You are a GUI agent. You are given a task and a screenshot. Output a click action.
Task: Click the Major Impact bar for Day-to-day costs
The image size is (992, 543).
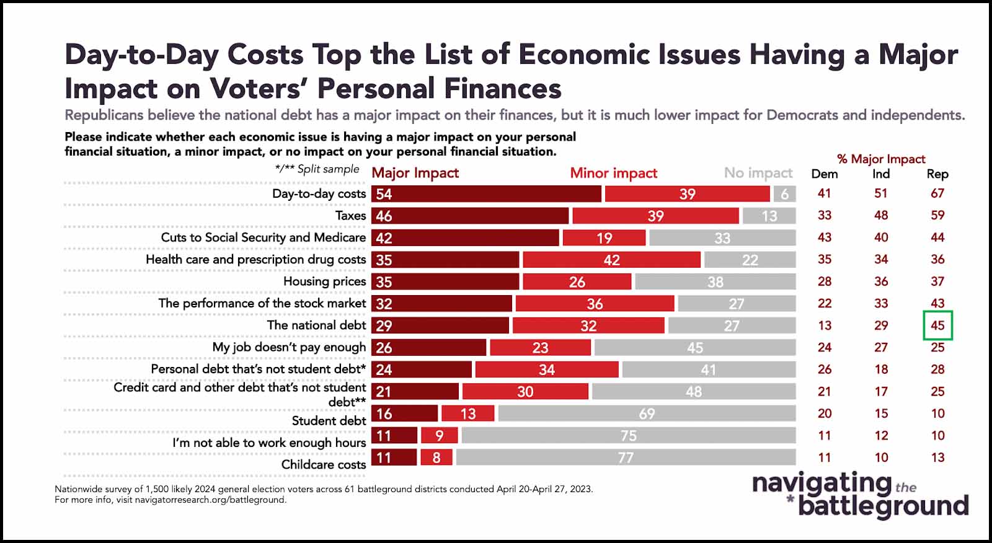coord(486,194)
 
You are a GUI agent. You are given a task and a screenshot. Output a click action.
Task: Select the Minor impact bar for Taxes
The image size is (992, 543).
coord(655,216)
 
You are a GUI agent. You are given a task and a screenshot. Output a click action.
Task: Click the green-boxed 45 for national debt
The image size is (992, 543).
coord(937,325)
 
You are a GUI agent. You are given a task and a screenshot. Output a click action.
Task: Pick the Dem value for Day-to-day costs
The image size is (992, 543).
coord(824,193)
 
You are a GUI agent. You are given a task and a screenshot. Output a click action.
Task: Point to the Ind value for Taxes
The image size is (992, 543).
coord(881,215)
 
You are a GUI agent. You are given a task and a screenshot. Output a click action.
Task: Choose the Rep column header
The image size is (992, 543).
coord(937,174)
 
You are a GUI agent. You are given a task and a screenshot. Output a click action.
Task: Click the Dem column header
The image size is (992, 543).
coord(824,174)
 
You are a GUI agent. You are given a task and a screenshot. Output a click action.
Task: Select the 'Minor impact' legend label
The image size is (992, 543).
coord(613,173)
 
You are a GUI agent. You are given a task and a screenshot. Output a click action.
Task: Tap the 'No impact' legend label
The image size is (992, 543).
coord(758,173)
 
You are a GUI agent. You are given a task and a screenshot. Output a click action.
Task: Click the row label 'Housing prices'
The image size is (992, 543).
coord(324,281)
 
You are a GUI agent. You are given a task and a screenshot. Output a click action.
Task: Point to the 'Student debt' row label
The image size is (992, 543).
coord(329,420)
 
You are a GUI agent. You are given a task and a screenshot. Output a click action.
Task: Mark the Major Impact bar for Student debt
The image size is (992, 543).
coord(404,413)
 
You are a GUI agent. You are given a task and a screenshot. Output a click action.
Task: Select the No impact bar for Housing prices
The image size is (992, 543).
coord(715,282)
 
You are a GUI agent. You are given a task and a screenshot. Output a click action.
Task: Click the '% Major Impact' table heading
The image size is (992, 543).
coord(880,159)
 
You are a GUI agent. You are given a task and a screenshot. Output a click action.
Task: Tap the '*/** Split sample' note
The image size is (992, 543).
coord(317,169)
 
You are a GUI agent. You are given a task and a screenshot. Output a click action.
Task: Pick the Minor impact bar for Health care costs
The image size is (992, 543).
coord(611,260)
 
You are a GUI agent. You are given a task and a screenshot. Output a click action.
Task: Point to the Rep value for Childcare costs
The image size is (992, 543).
coord(937,457)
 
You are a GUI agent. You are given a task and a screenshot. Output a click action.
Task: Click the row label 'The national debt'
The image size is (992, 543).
coord(316,325)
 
